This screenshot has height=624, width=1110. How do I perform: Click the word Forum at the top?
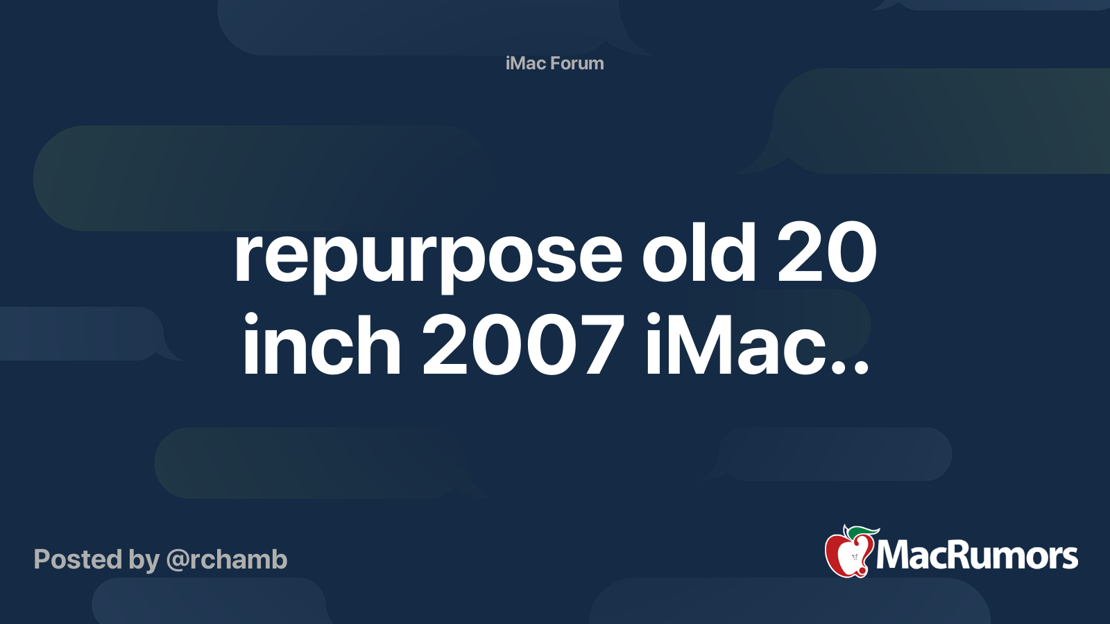click(x=577, y=63)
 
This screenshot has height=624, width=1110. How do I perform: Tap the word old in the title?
click(x=698, y=254)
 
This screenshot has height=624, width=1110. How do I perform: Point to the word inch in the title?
click(x=321, y=345)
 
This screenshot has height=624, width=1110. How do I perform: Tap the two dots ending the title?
click(x=852, y=367)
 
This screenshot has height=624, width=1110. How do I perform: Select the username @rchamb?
click(x=227, y=560)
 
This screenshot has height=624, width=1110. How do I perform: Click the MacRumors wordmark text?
click(x=977, y=555)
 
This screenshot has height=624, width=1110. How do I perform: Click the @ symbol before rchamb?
click(x=178, y=560)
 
